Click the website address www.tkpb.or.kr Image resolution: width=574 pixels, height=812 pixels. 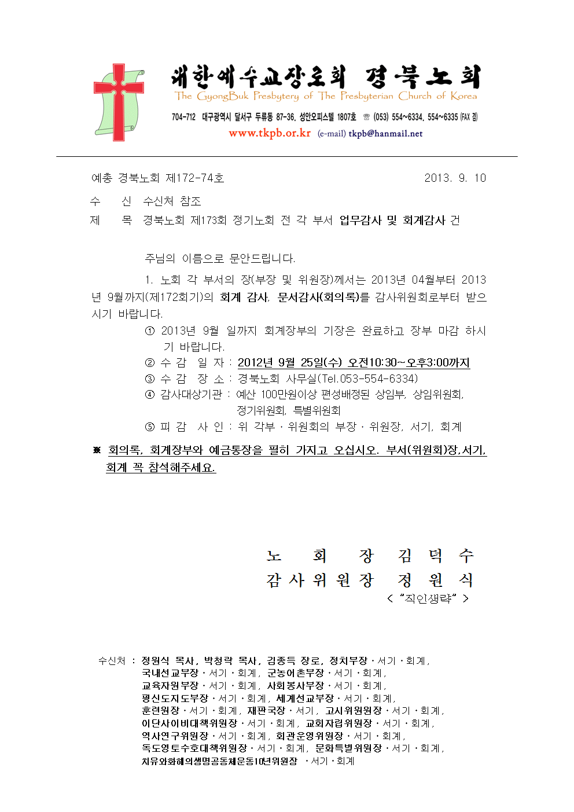coord(269,133)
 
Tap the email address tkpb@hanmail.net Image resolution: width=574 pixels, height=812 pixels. coord(385,134)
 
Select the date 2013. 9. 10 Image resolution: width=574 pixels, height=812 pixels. coord(455,178)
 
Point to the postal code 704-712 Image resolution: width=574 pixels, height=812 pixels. coord(183,117)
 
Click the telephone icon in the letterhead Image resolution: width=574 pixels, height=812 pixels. coord(366,117)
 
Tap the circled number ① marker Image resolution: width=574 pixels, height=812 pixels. coord(150,331)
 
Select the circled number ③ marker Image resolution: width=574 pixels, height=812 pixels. coord(150,379)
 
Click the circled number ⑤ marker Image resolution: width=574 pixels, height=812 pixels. coord(150,427)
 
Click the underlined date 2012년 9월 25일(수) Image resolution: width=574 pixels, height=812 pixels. coord(290,363)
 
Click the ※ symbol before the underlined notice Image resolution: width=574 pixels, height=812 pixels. coord(97,450)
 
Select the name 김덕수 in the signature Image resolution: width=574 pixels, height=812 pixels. coord(436,556)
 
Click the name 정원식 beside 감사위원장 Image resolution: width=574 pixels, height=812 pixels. coord(436,580)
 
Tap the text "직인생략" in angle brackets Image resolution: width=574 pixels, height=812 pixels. coord(428,598)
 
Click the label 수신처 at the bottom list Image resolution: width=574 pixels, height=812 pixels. coord(112,661)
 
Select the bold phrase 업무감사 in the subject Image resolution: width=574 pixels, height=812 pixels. coord(360,221)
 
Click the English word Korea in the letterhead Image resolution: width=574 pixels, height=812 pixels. coord(463,96)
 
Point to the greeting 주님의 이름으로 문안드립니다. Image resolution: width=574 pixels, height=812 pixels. coord(220,258)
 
